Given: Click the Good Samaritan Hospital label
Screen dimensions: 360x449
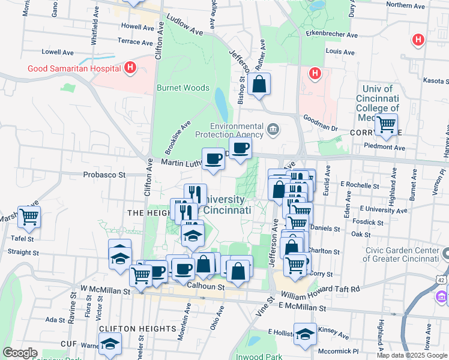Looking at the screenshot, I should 74,68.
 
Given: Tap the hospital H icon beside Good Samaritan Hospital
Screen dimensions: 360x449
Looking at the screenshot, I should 130,68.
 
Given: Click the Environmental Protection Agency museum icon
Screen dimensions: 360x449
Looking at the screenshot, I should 273,129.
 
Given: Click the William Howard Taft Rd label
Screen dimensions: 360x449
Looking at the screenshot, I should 320,290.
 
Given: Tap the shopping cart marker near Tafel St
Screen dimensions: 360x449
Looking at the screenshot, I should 29,217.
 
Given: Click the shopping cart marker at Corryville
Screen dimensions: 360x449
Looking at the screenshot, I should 387,125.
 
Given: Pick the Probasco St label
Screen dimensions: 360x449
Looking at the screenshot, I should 103,175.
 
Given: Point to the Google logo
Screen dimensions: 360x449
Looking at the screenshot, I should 20,353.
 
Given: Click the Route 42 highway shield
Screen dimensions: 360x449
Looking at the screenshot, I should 441,280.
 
